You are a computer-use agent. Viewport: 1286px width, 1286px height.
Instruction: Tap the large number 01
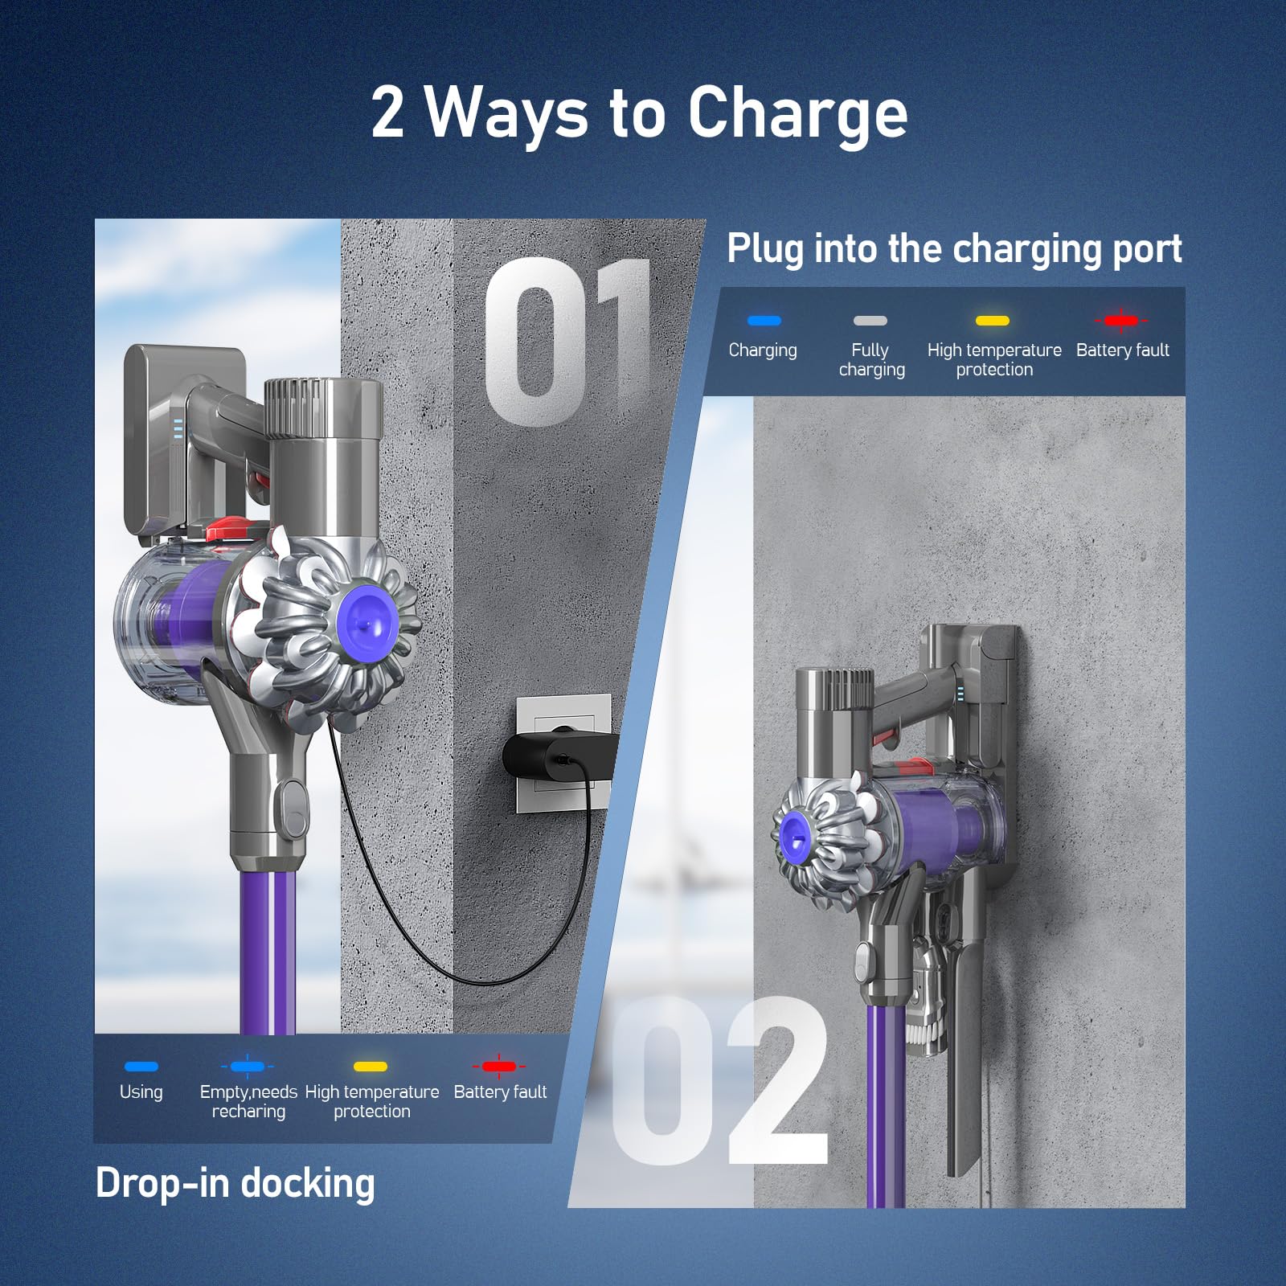(x=567, y=342)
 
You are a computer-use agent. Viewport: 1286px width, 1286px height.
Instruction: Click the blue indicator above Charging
(x=764, y=321)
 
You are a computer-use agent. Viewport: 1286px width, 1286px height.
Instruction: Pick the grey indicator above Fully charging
(x=870, y=321)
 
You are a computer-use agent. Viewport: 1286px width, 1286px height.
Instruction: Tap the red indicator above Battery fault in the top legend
(x=1121, y=321)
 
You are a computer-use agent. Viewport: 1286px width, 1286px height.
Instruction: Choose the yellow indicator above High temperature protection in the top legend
(x=993, y=321)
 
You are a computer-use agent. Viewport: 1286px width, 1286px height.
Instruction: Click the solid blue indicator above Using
(x=141, y=1067)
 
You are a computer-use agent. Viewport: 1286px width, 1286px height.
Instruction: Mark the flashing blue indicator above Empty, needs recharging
(x=248, y=1067)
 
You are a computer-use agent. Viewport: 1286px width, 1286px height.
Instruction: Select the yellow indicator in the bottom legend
(x=371, y=1067)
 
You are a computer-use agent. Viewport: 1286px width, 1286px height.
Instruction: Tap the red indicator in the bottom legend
(x=499, y=1067)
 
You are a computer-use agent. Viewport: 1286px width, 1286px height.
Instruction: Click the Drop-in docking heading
(x=235, y=1184)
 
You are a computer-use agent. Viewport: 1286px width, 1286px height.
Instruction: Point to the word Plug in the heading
(x=764, y=249)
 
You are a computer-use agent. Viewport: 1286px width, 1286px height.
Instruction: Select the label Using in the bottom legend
(x=141, y=1092)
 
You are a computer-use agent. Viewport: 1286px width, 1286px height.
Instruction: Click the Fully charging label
(x=871, y=359)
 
